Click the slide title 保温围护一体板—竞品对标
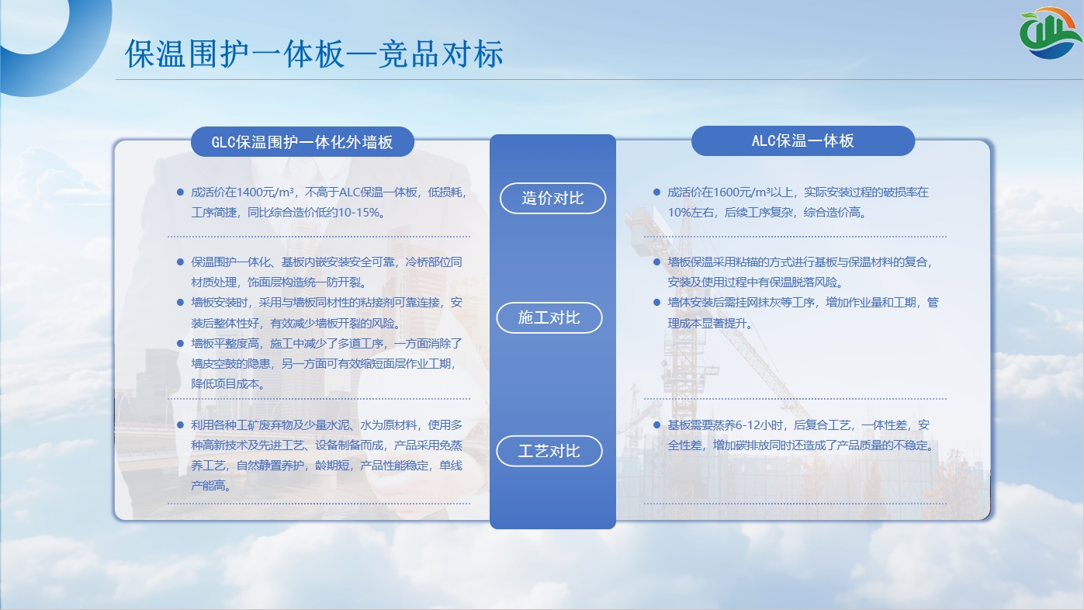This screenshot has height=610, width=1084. coord(314,54)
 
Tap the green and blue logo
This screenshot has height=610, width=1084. coord(1050,33)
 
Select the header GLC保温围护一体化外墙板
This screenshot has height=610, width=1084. coord(302,142)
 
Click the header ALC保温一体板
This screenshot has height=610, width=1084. coord(802,141)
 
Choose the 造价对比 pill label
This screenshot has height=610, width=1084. coord(552,198)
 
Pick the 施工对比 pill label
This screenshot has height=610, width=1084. coord(549,317)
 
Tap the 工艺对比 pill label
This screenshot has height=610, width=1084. coord(549,451)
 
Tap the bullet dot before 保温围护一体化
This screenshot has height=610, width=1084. coord(181,262)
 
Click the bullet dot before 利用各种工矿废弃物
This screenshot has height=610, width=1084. coord(181,425)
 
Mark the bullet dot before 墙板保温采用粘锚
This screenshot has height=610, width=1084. coord(656,262)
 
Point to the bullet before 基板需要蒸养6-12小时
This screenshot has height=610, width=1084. coord(656,425)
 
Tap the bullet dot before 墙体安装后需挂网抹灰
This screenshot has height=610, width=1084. coord(656,303)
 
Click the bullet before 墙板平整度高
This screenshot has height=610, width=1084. coord(181,344)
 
